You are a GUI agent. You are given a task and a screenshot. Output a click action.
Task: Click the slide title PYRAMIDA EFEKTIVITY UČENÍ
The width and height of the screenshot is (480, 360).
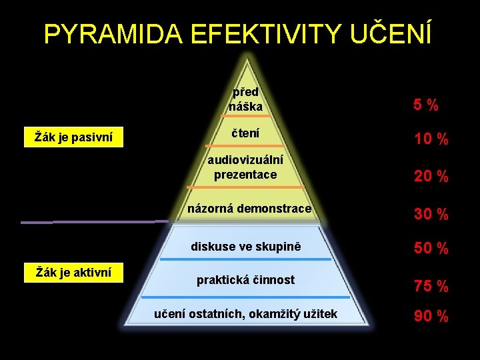238,34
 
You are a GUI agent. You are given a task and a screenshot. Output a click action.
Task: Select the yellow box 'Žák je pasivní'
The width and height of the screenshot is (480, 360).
73,138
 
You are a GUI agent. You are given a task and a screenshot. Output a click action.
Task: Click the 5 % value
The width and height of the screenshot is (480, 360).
425,105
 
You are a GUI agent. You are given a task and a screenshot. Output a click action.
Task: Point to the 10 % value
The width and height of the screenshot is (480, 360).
431,139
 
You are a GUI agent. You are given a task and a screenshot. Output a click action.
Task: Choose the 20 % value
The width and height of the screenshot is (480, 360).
431,177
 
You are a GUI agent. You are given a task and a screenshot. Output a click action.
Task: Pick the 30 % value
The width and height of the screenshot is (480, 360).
431,214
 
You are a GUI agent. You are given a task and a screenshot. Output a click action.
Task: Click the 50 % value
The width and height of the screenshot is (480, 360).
431,248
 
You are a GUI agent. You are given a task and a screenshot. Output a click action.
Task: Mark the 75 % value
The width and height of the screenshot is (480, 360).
431,286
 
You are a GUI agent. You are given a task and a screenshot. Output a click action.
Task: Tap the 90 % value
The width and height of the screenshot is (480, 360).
431,316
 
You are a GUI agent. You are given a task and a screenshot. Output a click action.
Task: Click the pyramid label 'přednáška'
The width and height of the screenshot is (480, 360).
245,99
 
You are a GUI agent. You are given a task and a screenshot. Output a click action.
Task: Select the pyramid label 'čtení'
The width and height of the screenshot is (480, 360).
245,133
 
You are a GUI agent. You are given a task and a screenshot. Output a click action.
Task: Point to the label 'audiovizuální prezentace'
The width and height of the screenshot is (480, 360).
245,167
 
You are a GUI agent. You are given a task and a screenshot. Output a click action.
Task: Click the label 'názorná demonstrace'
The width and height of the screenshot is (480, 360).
249,209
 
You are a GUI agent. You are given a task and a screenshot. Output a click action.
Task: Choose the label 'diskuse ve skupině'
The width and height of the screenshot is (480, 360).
246,247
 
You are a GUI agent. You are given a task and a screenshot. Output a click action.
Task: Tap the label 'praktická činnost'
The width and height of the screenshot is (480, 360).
245,280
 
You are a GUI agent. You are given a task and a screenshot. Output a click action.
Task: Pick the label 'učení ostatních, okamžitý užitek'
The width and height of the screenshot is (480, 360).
245,313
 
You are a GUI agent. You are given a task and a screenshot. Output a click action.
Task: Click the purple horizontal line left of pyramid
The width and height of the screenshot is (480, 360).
93,221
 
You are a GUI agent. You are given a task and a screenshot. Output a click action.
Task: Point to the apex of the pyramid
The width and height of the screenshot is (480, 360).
248,59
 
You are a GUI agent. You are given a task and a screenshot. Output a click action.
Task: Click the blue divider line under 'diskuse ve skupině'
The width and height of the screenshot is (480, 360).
246,259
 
